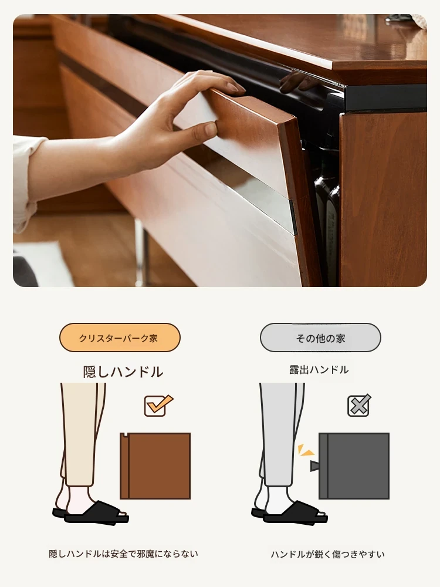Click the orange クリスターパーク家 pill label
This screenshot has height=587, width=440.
pyautogui.click(x=120, y=338)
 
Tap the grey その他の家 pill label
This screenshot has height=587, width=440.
pyautogui.click(x=320, y=338)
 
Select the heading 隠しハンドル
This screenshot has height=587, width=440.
pyautogui.click(x=123, y=372)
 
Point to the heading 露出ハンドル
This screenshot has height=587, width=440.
pyautogui.click(x=319, y=370)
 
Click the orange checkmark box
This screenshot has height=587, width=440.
pyautogui.click(x=158, y=406)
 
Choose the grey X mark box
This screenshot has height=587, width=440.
pyautogui.click(x=360, y=406)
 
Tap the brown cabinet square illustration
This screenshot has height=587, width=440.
pyautogui.click(x=155, y=465)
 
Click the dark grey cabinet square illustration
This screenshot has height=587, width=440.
pyautogui.click(x=354, y=465)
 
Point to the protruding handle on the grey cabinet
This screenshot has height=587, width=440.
pyautogui.click(x=314, y=466)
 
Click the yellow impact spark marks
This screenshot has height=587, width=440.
pyautogui.click(x=305, y=450)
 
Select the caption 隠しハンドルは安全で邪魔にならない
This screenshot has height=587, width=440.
pyautogui.click(x=123, y=554)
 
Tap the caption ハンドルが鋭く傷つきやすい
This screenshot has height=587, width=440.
pyautogui.click(x=327, y=554)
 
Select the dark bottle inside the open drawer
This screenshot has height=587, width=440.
pyautogui.click(x=327, y=225)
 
